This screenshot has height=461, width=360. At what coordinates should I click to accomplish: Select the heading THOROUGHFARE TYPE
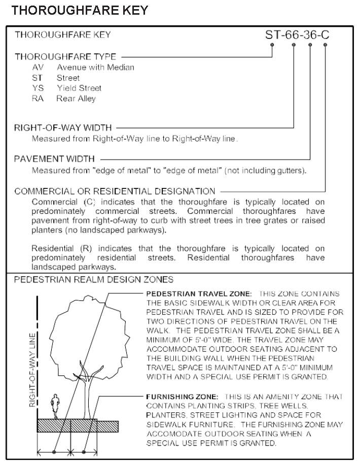tap(65, 56)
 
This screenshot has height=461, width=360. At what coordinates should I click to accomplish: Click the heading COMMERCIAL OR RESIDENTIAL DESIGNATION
tap(115, 191)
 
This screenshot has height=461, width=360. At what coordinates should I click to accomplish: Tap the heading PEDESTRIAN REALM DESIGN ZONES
tap(94, 279)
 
